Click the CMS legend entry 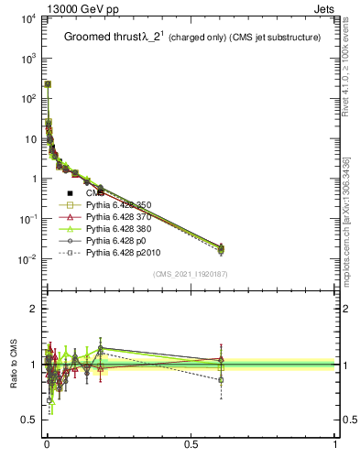(95, 193)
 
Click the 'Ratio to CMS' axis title (14, 364)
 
